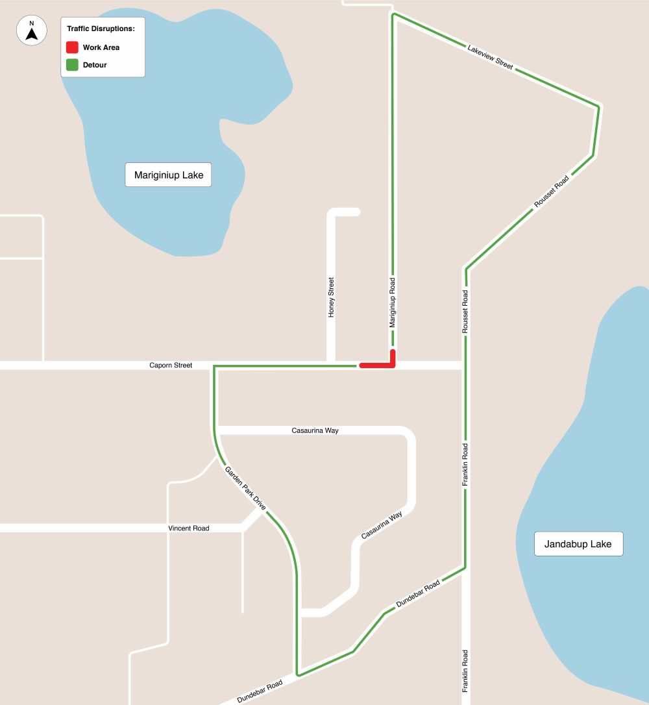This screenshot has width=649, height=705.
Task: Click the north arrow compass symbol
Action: pos(31,31)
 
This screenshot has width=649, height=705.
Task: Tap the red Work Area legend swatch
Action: pos(72,47)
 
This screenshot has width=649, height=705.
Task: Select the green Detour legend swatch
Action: pos(72,65)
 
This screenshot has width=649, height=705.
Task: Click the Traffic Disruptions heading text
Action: pos(101,29)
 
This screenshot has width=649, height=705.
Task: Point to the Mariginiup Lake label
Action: pos(168,175)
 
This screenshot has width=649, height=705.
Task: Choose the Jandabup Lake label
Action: pos(578,544)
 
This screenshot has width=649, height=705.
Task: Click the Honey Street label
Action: pos(331,297)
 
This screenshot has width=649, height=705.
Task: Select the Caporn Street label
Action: pos(171,365)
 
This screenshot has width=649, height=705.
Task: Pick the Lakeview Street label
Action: pos(490,57)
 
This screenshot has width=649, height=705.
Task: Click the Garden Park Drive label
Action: pos(245,488)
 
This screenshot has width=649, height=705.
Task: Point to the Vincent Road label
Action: pos(189,528)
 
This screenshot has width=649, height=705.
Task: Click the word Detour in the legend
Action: pos(95,65)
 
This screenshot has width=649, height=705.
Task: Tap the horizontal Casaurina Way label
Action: pos(315,430)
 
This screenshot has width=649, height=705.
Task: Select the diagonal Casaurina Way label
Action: pos(382,525)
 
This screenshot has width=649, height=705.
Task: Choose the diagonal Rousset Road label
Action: pos(551,192)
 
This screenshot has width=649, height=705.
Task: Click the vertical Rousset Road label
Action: pos(465,312)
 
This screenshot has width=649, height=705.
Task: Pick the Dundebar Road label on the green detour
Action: pos(418,593)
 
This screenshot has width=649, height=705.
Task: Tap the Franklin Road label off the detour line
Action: pos(465,672)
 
